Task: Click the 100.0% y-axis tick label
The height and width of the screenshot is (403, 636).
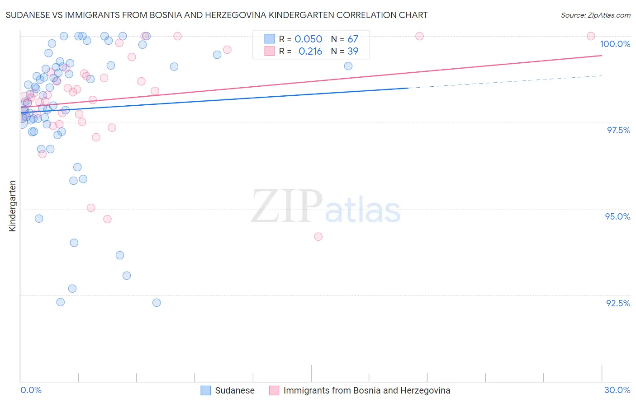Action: pyautogui.click(x=615, y=44)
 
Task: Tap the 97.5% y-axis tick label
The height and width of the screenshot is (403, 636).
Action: pyautogui.click(x=618, y=130)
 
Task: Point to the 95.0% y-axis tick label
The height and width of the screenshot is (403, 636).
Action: pyautogui.click(x=617, y=216)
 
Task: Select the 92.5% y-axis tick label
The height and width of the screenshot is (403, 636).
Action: pyautogui.click(x=618, y=303)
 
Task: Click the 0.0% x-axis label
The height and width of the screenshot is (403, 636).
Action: pyautogui.click(x=31, y=390)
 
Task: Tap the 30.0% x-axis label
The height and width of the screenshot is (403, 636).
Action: pyautogui.click(x=617, y=390)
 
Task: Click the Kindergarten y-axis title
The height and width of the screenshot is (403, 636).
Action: pyautogui.click(x=12, y=206)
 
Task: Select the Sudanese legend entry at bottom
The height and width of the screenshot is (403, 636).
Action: pyautogui.click(x=234, y=390)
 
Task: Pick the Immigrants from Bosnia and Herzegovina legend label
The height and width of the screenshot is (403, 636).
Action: pyautogui.click(x=366, y=390)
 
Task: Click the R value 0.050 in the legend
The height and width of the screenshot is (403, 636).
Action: pyautogui.click(x=308, y=39)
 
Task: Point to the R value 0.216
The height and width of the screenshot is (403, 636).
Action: pyautogui.click(x=310, y=52)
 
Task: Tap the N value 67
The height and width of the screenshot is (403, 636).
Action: pyautogui.click(x=352, y=39)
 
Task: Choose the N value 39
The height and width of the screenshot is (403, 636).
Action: pyautogui.click(x=352, y=52)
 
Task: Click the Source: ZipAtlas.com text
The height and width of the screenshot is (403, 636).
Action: pyautogui.click(x=595, y=15)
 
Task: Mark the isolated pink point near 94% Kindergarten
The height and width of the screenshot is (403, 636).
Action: pyautogui.click(x=318, y=237)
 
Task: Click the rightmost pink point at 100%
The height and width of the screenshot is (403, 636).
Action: pyautogui.click(x=590, y=36)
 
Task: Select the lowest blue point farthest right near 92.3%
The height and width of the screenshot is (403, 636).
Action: pyautogui.click(x=157, y=303)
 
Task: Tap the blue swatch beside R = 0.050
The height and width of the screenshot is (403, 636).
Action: pyautogui.click(x=270, y=39)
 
